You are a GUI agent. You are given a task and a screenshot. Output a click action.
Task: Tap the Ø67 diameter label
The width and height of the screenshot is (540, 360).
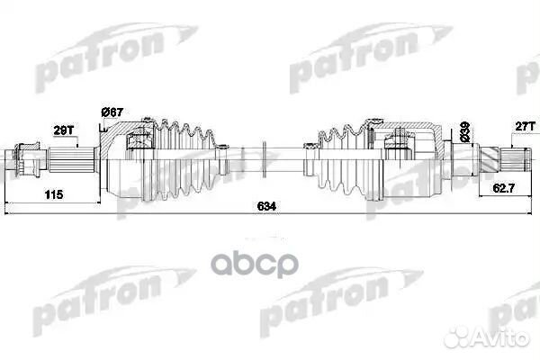pos(112,111)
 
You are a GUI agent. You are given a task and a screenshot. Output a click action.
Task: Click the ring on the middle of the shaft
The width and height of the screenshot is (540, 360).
pos(265,161)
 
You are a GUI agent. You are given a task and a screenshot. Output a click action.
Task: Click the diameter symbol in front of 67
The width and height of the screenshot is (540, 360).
pos(105,111)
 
